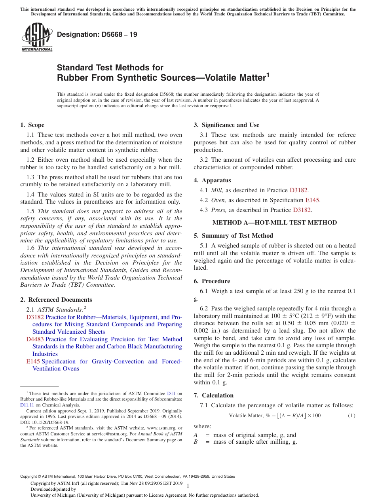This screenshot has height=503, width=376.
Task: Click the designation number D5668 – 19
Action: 97,34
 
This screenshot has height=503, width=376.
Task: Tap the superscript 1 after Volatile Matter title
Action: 268,74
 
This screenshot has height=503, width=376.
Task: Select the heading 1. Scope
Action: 32,125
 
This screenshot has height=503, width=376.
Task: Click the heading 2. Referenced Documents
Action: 56,300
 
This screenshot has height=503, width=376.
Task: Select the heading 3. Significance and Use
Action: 226,125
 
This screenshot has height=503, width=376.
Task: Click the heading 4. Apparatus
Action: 212,180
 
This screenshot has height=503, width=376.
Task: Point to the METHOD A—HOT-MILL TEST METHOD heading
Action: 275,223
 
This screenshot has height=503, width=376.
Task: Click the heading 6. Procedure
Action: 212,281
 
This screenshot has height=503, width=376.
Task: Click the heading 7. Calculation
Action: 213,395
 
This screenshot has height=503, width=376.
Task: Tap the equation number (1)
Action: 351,416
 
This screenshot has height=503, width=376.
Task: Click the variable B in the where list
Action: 196,442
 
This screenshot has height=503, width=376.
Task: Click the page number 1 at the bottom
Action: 188,486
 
